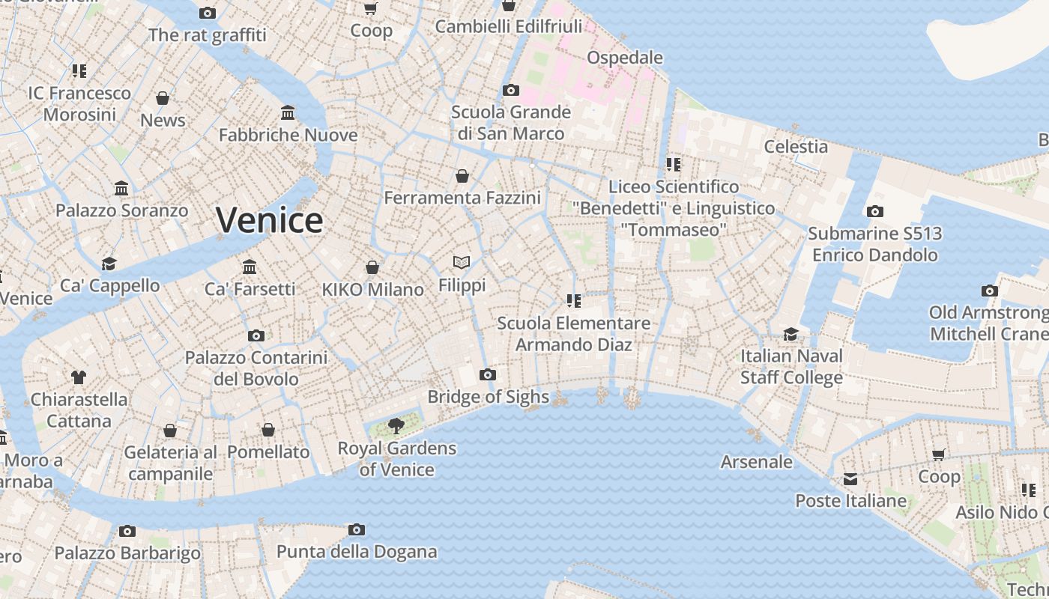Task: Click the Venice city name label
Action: pos(269,220)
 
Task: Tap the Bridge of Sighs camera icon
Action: pos(488,374)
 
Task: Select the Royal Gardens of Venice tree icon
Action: pos(396,427)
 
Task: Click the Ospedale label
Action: pos(625,58)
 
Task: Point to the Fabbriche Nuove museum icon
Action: pos(288,113)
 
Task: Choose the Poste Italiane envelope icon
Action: pos(850,478)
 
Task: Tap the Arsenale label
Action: pos(756,462)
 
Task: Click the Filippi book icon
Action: pos(462,262)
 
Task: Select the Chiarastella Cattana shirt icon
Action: pos(79,377)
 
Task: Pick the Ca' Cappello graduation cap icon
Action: pos(109,264)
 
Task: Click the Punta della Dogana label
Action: pos(357,552)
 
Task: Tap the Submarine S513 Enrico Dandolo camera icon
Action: pos(874,212)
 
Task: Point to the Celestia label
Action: pos(796,147)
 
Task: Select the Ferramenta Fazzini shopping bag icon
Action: pos(462,176)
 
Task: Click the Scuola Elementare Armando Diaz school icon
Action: pos(574,301)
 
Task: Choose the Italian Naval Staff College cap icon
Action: pos(791,334)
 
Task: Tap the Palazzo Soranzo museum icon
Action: pos(121,188)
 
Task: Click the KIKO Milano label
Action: pos(372,290)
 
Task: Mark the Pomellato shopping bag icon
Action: pos(268,430)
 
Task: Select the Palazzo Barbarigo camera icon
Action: pos(127,531)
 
